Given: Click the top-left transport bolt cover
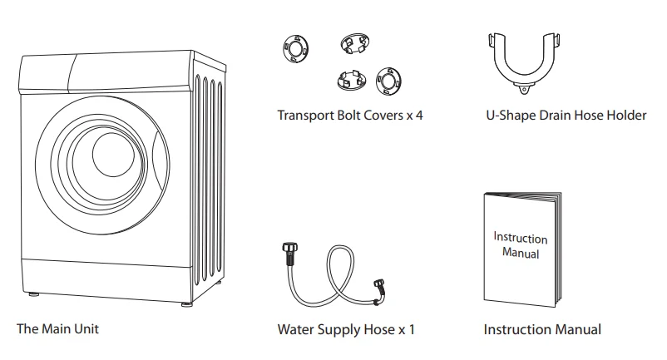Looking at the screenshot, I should (295, 48).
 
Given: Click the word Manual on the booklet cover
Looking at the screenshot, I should (521, 252).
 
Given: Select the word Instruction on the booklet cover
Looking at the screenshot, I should (521, 238).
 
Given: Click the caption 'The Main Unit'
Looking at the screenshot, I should (57, 329).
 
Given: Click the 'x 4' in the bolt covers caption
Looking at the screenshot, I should (414, 116).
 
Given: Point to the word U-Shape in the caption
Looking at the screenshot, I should (509, 116).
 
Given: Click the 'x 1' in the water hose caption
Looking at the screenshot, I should (406, 330).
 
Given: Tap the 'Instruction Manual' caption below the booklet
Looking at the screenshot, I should (542, 330).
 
